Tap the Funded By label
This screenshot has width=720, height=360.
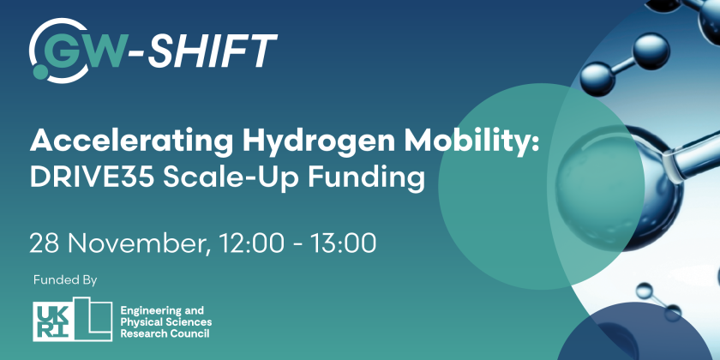coord(65,280)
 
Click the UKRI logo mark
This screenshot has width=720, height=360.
coord(72,320)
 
